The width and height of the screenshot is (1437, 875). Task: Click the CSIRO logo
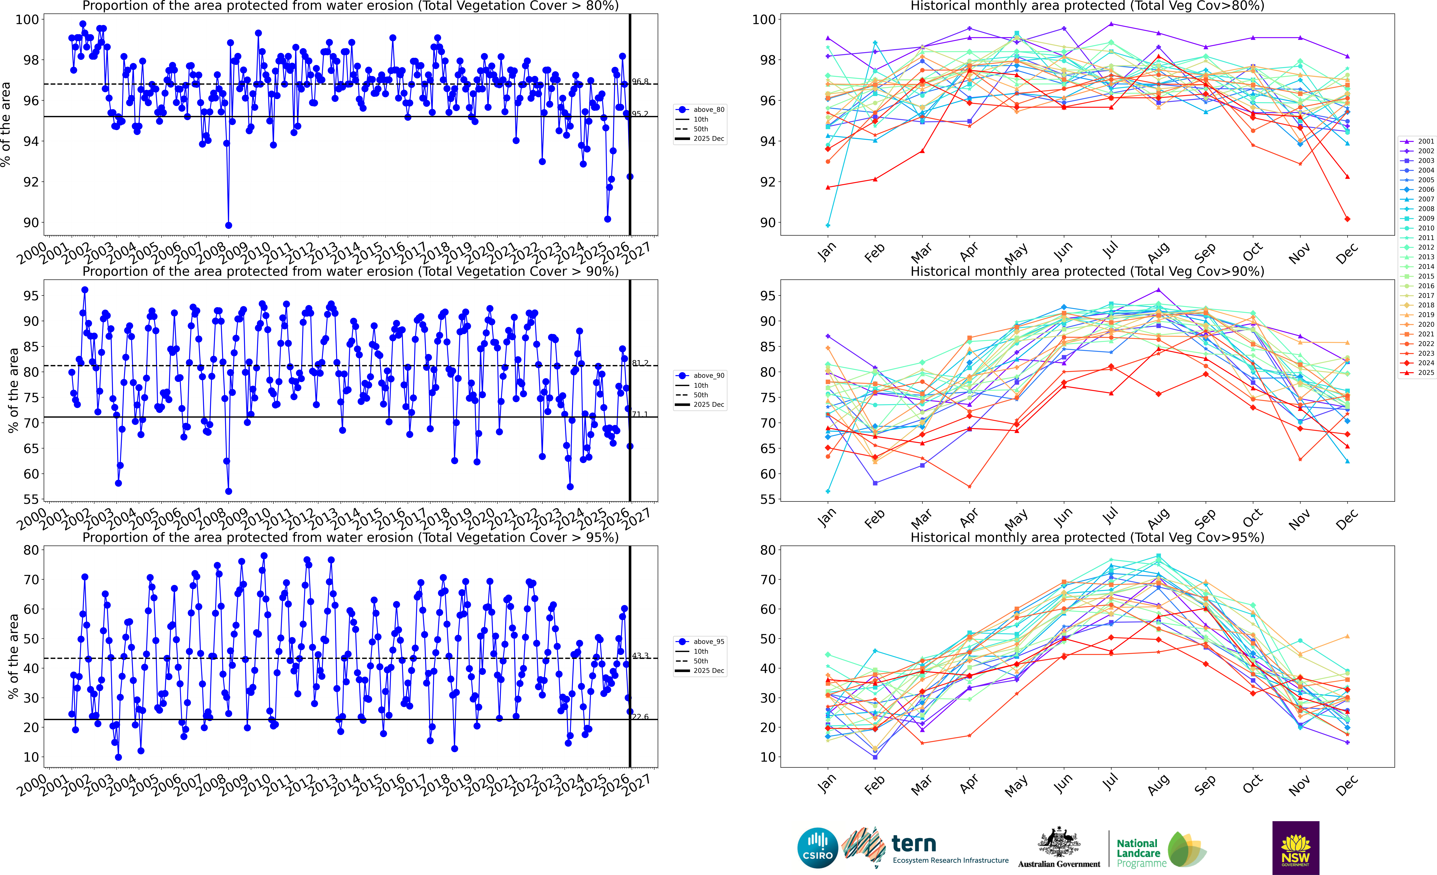point(818,848)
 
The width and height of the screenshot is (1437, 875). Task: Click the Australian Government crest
point(1058,843)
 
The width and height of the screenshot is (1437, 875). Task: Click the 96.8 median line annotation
point(640,82)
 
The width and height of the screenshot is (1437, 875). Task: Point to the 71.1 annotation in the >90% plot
point(640,414)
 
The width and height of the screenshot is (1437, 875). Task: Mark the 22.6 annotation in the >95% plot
point(640,717)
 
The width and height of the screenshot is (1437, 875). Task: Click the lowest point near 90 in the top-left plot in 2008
point(229,225)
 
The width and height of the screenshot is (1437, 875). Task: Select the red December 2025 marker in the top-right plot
point(1347,219)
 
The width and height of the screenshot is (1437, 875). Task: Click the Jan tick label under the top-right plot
point(827,252)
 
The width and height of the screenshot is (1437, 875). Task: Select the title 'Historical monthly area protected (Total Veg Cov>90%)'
point(1087,271)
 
